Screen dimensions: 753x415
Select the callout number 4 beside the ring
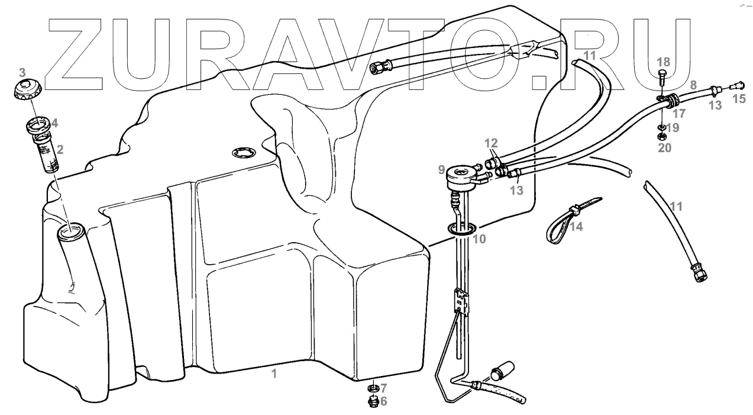click(54, 124)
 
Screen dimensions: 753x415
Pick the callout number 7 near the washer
click(383, 388)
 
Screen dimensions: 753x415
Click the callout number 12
click(492, 143)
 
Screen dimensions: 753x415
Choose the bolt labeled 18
click(662, 75)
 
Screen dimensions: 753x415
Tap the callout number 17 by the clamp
click(679, 112)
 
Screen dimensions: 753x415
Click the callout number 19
click(674, 127)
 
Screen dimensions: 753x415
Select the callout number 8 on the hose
click(693, 85)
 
